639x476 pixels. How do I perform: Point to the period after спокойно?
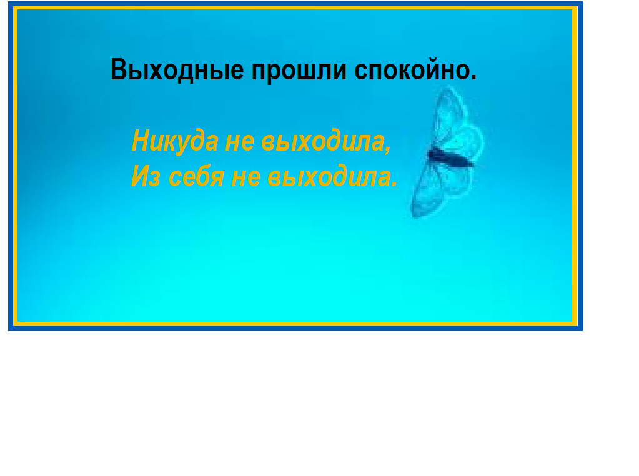pyautogui.click(x=473, y=77)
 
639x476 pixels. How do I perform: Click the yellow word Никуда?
pyautogui.click(x=175, y=141)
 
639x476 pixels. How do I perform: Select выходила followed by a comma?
pyautogui.click(x=322, y=141)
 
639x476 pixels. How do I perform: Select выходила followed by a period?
pyautogui.click(x=329, y=176)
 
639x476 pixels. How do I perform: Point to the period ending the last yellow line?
pyautogui.click(x=394, y=184)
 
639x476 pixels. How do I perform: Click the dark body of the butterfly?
pyautogui.click(x=451, y=157)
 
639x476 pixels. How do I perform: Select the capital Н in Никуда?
pyautogui.click(x=141, y=141)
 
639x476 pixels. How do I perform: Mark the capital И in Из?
pyautogui.click(x=140, y=176)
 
